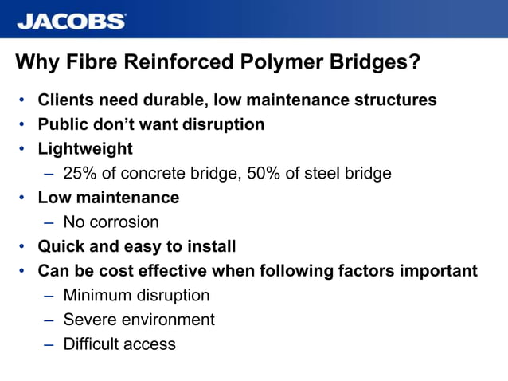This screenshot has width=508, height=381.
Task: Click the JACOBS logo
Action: click(x=71, y=21)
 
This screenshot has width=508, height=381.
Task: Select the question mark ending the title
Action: click(x=414, y=62)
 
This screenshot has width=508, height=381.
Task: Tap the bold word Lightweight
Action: click(x=85, y=149)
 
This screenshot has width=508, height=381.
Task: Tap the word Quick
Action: click(x=62, y=246)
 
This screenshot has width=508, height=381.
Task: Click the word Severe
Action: click(x=89, y=320)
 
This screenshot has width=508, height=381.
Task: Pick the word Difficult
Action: click(x=93, y=344)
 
